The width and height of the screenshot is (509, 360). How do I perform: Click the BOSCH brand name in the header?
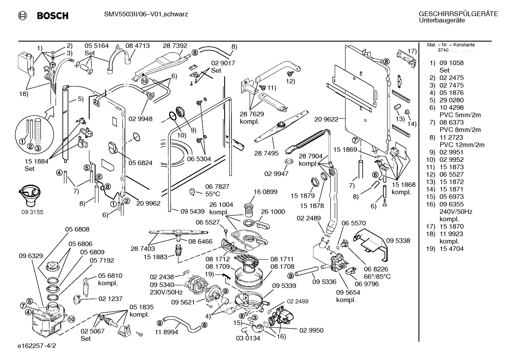pos(53,16)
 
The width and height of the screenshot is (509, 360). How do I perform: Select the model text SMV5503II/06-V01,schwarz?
pos(146,14)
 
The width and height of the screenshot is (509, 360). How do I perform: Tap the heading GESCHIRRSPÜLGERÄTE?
pos(458,14)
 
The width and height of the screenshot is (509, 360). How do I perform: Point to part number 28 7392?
pos(175,46)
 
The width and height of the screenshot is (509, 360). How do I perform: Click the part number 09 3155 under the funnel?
pos(32,212)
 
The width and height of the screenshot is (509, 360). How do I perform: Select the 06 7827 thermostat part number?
pos(217,187)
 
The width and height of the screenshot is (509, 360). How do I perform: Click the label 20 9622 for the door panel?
pos(326,119)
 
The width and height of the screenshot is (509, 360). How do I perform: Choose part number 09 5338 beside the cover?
pos(398,241)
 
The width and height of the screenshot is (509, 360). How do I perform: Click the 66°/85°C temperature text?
pos(377,277)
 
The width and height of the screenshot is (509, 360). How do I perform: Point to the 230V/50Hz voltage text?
pos(166,292)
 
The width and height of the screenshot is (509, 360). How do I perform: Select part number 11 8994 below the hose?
pos(167,332)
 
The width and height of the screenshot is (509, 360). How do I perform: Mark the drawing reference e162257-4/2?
pos(37,346)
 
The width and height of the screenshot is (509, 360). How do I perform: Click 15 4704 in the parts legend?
pos(451,249)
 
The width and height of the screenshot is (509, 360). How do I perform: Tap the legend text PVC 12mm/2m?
pos(462,145)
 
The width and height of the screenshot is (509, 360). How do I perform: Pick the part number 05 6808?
pos(77,230)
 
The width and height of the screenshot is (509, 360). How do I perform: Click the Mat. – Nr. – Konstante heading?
pos(451,45)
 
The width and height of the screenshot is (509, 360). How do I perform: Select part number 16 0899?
pos(265,192)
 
